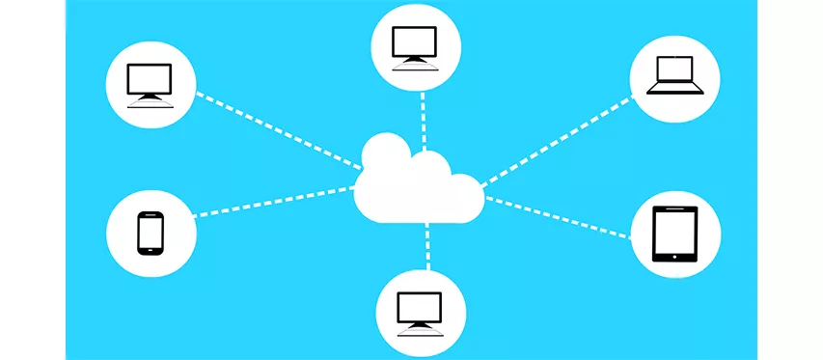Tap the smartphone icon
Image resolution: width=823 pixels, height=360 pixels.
(150, 233)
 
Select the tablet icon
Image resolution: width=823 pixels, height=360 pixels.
(674, 235)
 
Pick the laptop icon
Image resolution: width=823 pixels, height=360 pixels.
(674, 75)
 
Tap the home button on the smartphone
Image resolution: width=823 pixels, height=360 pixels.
(150, 250)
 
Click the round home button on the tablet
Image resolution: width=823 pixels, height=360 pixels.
(674, 256)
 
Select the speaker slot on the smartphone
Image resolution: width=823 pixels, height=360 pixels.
(150, 215)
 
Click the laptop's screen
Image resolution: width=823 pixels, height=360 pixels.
(675, 69)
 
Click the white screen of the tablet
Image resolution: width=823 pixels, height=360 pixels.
(674, 232)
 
